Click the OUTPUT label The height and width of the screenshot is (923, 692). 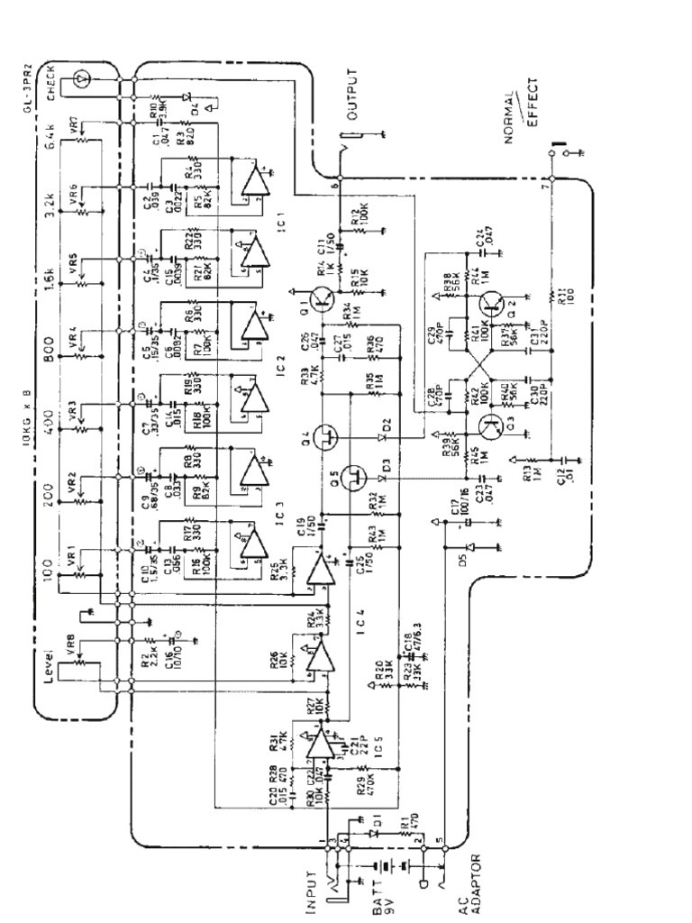pyautogui.click(x=352, y=95)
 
